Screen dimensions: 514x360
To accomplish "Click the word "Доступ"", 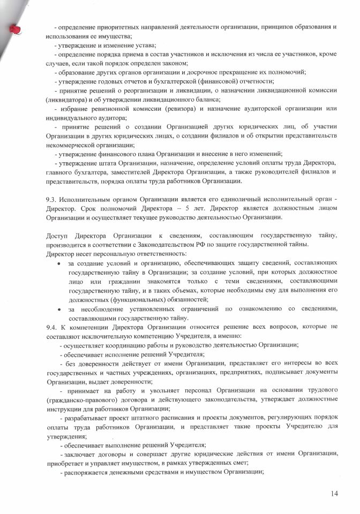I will pos(58,236).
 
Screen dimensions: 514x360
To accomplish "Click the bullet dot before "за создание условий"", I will pos(58,264).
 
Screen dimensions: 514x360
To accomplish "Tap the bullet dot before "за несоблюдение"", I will pos(58,309).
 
